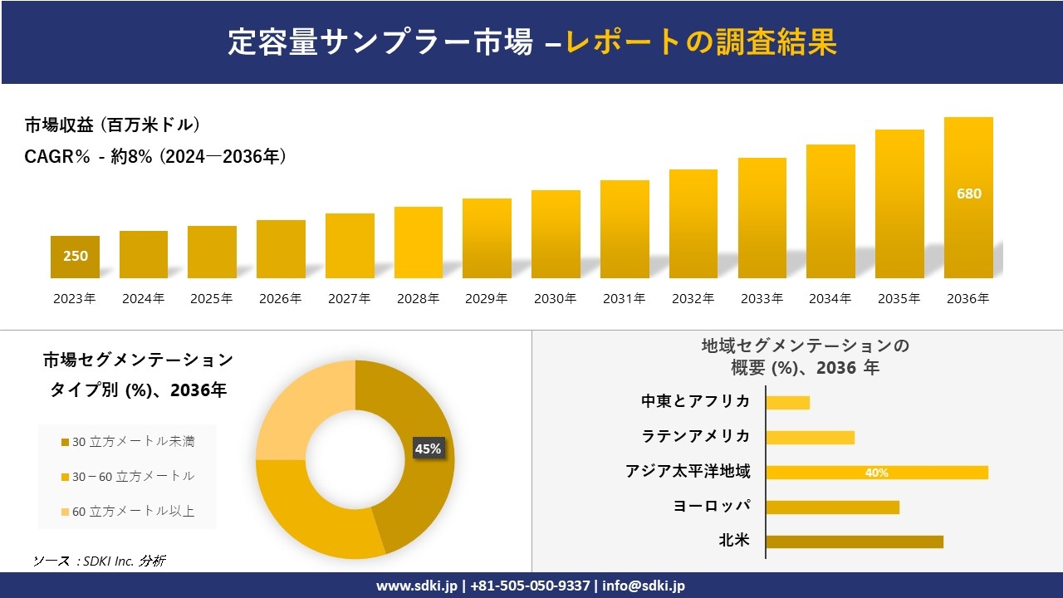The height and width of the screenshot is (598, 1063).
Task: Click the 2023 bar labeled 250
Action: click(x=75, y=257)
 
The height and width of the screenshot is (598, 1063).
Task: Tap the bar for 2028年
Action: click(x=419, y=243)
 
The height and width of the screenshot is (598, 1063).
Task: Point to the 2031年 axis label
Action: click(x=624, y=299)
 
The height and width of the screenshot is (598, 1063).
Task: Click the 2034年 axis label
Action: click(x=830, y=299)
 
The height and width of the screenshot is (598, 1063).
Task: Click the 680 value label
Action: click(x=968, y=194)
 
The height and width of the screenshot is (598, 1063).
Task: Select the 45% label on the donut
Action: click(x=428, y=448)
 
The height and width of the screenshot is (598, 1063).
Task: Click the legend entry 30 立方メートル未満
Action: click(x=128, y=442)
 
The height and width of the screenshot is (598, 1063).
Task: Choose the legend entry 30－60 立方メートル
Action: click(x=128, y=477)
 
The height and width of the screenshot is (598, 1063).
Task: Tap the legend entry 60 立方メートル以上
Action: click(x=128, y=512)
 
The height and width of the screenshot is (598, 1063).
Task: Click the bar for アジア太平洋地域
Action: click(x=876, y=473)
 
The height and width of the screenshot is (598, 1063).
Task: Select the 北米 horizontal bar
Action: click(x=854, y=542)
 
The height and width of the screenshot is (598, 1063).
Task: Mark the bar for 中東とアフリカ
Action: click(x=787, y=403)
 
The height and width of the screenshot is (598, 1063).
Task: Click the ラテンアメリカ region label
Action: click(x=695, y=437)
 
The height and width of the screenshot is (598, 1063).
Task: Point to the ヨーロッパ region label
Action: click(x=711, y=507)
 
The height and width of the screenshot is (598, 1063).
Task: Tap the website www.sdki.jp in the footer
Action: click(x=416, y=586)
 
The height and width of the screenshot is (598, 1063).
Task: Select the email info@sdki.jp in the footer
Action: click(x=644, y=586)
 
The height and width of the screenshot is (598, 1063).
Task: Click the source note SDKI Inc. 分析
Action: click(x=99, y=561)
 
